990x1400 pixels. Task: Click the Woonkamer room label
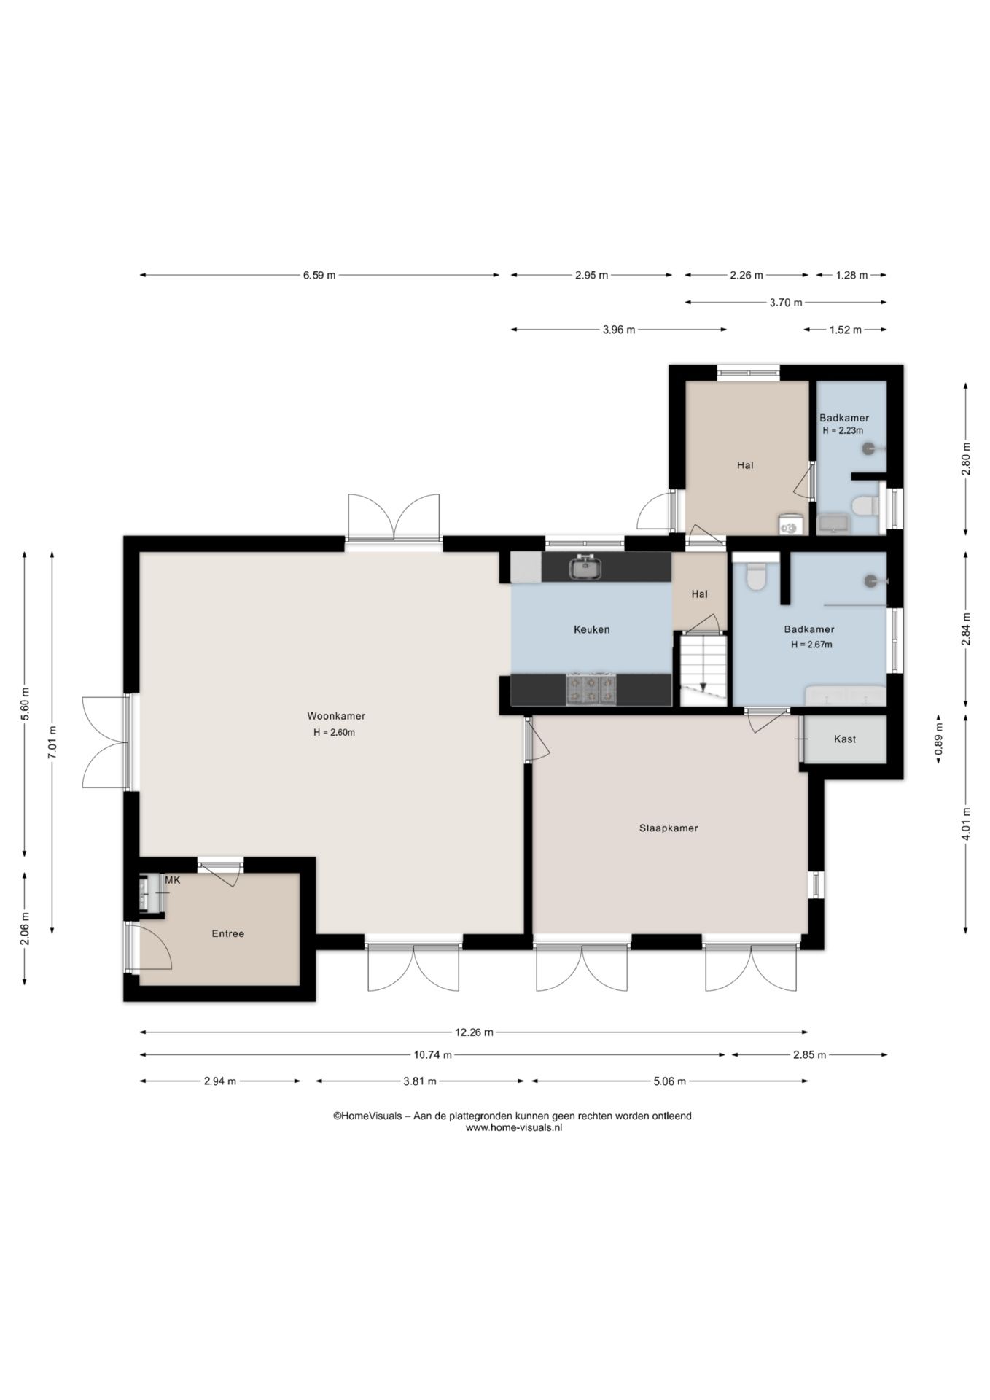pyautogui.click(x=336, y=716)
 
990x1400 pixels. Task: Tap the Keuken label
pyautogui.click(x=591, y=629)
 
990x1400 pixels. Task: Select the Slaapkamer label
pyautogui.click(x=669, y=828)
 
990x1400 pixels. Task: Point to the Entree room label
pyautogui.click(x=227, y=933)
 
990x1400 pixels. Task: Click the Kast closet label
pyautogui.click(x=845, y=739)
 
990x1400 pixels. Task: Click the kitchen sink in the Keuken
pyautogui.click(x=585, y=567)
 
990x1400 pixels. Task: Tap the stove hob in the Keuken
pyautogui.click(x=591, y=690)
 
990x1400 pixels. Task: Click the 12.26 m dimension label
pyautogui.click(x=474, y=1032)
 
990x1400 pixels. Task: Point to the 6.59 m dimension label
pyautogui.click(x=319, y=275)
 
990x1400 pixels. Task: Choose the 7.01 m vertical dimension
pyautogui.click(x=52, y=742)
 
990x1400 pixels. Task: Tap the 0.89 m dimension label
pyautogui.click(x=939, y=739)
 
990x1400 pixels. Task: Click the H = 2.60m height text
pyautogui.click(x=334, y=733)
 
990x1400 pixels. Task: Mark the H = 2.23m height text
pyautogui.click(x=843, y=430)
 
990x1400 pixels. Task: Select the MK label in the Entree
pyautogui.click(x=173, y=880)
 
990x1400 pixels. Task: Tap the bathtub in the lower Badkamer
pyautogui.click(x=846, y=696)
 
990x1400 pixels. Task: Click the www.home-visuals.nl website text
pyautogui.click(x=514, y=1127)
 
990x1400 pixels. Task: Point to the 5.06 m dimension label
pyautogui.click(x=669, y=1081)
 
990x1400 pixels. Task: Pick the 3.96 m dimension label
pyautogui.click(x=619, y=330)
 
